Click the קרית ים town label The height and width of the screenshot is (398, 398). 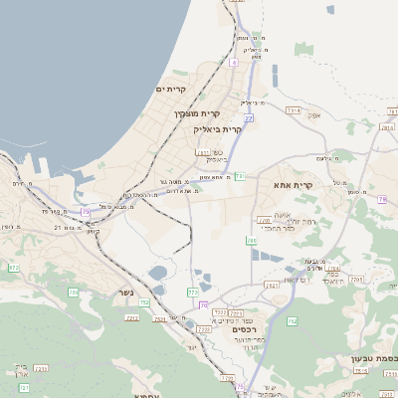click(171, 90)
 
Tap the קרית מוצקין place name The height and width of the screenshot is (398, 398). click(197, 113)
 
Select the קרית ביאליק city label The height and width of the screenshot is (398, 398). click(218, 129)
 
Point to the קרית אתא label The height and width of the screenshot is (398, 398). click(293, 185)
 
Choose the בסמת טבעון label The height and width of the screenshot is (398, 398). click(373, 358)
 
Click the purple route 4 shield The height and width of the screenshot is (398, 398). click(233, 63)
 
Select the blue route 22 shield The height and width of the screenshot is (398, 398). click(249, 118)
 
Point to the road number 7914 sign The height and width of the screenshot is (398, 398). click(293, 109)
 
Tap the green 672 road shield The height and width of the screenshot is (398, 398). click(14, 268)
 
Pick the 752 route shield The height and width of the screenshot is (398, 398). click(144, 302)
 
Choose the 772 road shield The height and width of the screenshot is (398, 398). click(192, 292)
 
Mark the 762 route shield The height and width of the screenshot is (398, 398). click(293, 321)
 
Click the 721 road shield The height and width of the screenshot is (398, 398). click(24, 387)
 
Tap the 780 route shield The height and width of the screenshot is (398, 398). click(382, 199)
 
